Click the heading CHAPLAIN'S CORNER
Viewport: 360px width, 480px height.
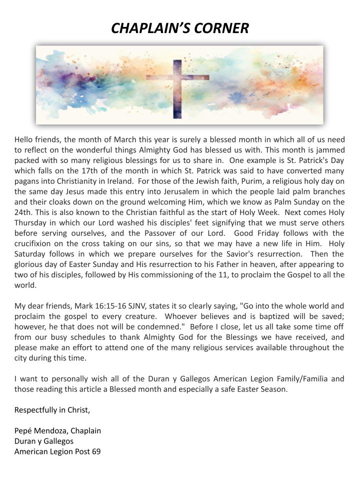(179, 28)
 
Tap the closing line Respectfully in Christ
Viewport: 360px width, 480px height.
(52, 410)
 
